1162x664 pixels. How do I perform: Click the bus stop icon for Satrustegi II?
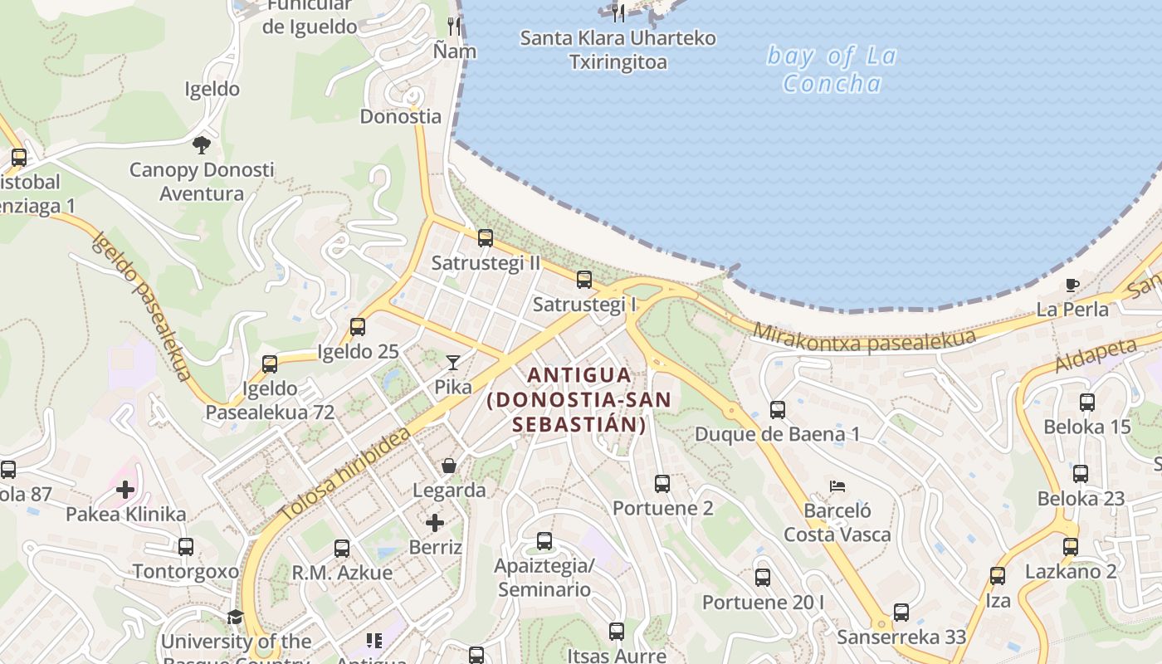[x=486, y=238]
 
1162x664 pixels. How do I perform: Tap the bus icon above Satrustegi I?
[x=584, y=280]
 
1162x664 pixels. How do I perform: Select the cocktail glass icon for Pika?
[x=452, y=362]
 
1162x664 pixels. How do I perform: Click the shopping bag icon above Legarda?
[x=449, y=466]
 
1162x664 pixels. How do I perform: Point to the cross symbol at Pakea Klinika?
[x=125, y=490]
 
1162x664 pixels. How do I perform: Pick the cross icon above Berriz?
[x=435, y=523]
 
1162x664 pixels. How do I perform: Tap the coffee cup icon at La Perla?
[x=1072, y=286]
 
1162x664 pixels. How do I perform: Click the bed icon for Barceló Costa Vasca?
[x=837, y=486]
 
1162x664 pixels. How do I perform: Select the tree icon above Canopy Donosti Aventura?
[x=201, y=146]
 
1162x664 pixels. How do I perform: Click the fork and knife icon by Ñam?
[x=454, y=27]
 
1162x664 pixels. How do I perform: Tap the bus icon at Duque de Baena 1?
[x=778, y=409]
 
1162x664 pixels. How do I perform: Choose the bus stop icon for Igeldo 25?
[x=358, y=327]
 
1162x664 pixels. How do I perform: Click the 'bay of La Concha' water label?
[x=832, y=70]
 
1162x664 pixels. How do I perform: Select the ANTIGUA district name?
[x=579, y=375]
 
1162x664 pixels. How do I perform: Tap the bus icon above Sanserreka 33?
[x=901, y=613]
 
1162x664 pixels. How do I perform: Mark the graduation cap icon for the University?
[x=235, y=618]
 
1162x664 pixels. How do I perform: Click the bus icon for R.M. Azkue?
[x=342, y=548]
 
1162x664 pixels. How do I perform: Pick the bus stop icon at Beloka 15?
[x=1087, y=403]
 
